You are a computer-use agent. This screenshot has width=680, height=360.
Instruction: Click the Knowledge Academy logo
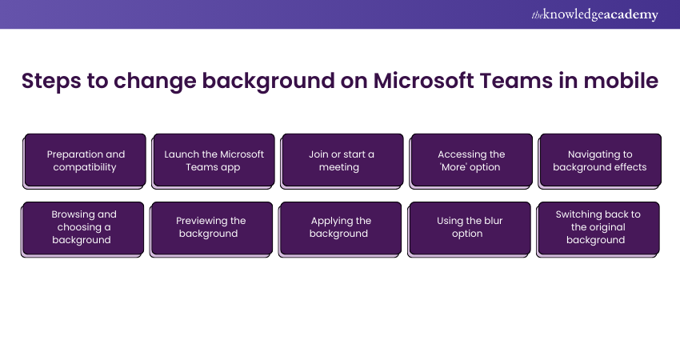point(594,14)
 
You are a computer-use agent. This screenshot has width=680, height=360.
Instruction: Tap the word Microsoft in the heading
point(424,81)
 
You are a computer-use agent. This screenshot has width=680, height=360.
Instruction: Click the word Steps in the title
point(51,82)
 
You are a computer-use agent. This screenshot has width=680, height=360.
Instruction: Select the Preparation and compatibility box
point(84,162)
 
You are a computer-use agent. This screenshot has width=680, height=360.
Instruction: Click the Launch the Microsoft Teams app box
point(213,162)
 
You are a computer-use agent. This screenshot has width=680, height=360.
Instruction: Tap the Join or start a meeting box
point(342,162)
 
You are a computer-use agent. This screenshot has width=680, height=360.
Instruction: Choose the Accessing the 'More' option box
point(471,162)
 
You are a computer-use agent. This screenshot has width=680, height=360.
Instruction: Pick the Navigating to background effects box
point(600,162)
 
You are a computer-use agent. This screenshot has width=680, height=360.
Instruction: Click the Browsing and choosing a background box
point(82,230)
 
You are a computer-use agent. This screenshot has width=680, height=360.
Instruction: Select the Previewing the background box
point(211,230)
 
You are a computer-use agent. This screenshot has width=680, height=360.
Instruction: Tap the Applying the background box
point(340,230)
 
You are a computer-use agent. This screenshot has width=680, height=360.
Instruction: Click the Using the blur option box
point(470,230)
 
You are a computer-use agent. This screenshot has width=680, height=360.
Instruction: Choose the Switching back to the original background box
point(598,230)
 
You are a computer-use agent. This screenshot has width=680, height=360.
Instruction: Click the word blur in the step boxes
point(493,220)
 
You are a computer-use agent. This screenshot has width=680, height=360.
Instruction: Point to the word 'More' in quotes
point(454,167)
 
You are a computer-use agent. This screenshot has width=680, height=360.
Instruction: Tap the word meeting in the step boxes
point(339,167)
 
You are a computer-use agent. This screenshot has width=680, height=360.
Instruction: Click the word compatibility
point(85,167)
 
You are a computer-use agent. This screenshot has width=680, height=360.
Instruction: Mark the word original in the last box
point(607,227)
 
